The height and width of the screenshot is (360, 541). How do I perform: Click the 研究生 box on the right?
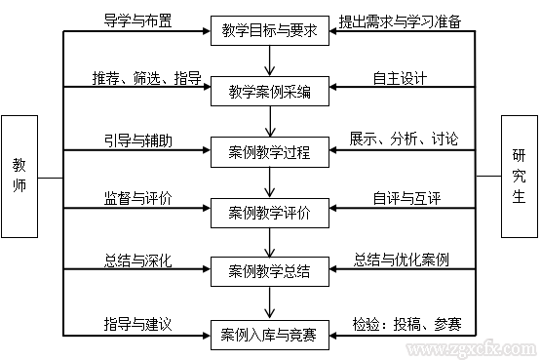519,177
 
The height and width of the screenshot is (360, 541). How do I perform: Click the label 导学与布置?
137,20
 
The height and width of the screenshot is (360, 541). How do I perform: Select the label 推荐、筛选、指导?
137,78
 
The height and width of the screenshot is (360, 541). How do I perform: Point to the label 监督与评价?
137,198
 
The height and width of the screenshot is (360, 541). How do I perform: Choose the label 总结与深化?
137,260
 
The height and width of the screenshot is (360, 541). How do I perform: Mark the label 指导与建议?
137,322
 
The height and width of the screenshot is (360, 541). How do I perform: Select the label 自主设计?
400,78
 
